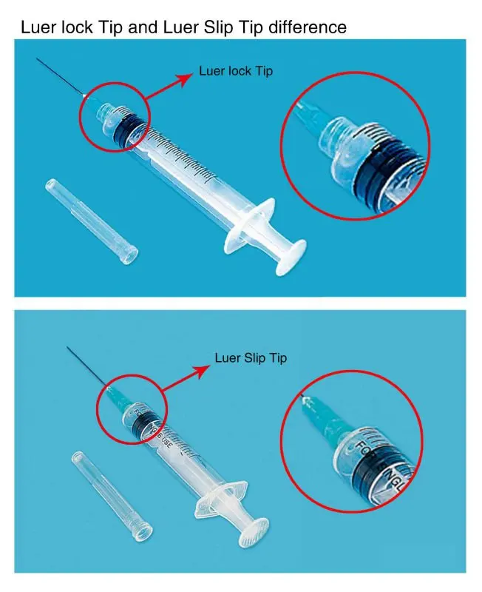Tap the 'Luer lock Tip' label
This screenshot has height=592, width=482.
click(236, 71)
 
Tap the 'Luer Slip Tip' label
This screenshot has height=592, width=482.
click(251, 357)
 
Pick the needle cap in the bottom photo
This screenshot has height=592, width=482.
click(112, 495)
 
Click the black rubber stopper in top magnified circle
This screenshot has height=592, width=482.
click(384, 170)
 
